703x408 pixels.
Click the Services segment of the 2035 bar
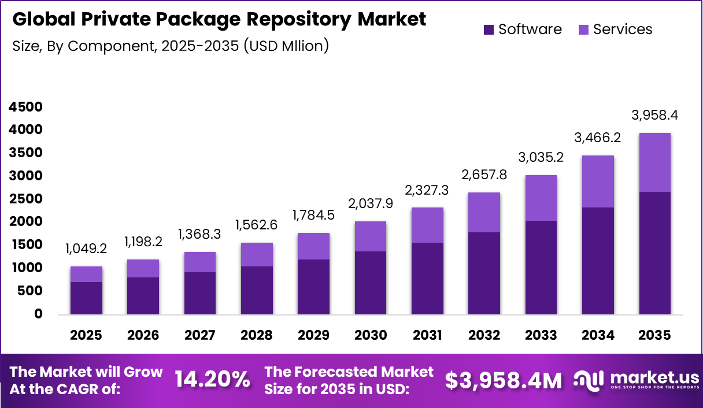(x=654, y=162)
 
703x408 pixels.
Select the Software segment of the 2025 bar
(x=86, y=298)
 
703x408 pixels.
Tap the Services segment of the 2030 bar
(x=371, y=236)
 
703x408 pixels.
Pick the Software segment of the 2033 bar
(x=541, y=268)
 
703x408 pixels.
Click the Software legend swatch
(x=489, y=29)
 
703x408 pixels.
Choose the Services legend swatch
(x=583, y=29)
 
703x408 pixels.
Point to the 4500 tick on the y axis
(x=26, y=107)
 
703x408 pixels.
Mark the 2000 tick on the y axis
(x=26, y=222)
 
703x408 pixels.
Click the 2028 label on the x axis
(x=257, y=336)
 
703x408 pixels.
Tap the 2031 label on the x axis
(x=427, y=336)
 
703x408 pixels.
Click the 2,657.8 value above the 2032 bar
(x=484, y=175)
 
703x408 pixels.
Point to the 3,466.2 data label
(x=598, y=138)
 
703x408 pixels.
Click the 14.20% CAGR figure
(x=212, y=380)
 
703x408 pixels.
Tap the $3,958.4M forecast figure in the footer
(x=503, y=380)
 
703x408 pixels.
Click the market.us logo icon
(x=589, y=380)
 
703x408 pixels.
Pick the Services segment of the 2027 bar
(x=200, y=262)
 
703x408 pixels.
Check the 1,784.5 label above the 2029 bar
(x=313, y=216)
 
